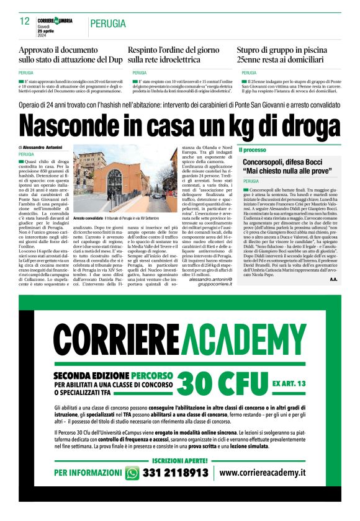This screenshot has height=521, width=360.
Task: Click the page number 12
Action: click(x=25, y=22)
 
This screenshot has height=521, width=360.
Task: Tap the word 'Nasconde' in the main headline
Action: click(x=77, y=125)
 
